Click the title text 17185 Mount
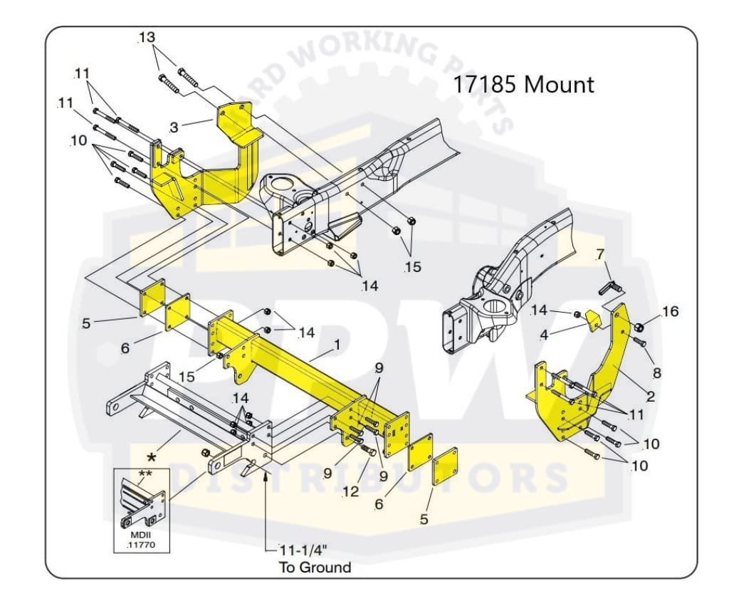(523, 85)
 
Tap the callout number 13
(146, 38)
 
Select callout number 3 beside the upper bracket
(174, 128)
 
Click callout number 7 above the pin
(600, 255)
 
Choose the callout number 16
(669, 311)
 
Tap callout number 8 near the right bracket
(656, 372)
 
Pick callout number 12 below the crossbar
(350, 491)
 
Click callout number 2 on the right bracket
(651, 397)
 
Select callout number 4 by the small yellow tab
(543, 335)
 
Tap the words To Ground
(314, 568)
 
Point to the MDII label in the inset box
(140, 535)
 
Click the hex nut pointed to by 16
(639, 327)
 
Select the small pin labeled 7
(612, 287)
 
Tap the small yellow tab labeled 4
(592, 322)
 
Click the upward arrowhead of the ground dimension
(266, 476)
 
